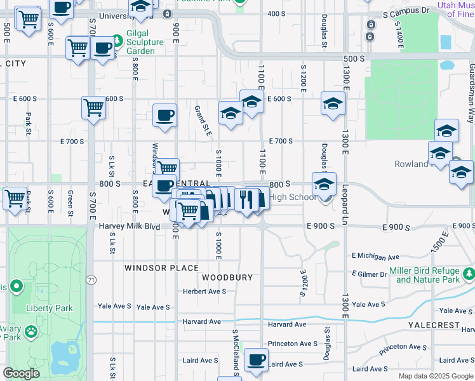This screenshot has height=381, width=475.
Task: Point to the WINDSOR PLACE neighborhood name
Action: pyautogui.click(x=161, y=268)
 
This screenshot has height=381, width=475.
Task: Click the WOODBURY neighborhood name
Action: pyautogui.click(x=227, y=277)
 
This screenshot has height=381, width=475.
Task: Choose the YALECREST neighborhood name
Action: pyautogui.click(x=434, y=324)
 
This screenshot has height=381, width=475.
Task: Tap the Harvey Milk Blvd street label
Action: pyautogui.click(x=129, y=226)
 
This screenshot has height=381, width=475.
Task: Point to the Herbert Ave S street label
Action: pyautogui.click(x=204, y=291)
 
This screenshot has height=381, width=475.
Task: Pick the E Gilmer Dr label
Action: pyautogui.click(x=369, y=274)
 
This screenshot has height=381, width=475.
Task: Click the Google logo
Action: pyautogui.click(x=22, y=373)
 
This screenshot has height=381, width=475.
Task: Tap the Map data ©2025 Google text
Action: pyautogui.click(x=435, y=376)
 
